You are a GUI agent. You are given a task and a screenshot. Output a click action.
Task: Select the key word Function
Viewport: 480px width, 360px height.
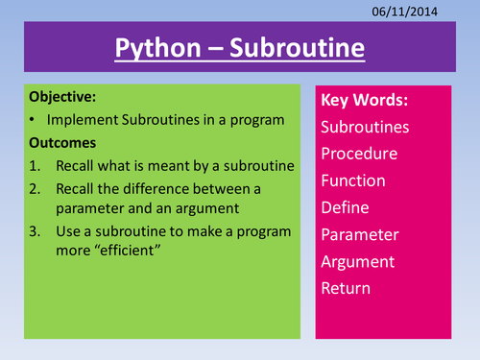coord(354,181)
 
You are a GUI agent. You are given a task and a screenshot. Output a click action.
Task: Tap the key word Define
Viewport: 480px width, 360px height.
coord(347,208)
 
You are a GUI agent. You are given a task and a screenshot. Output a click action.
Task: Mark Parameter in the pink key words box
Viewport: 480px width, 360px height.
coord(364,234)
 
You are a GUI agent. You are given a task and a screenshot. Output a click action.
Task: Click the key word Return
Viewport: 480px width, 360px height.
coord(347,287)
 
